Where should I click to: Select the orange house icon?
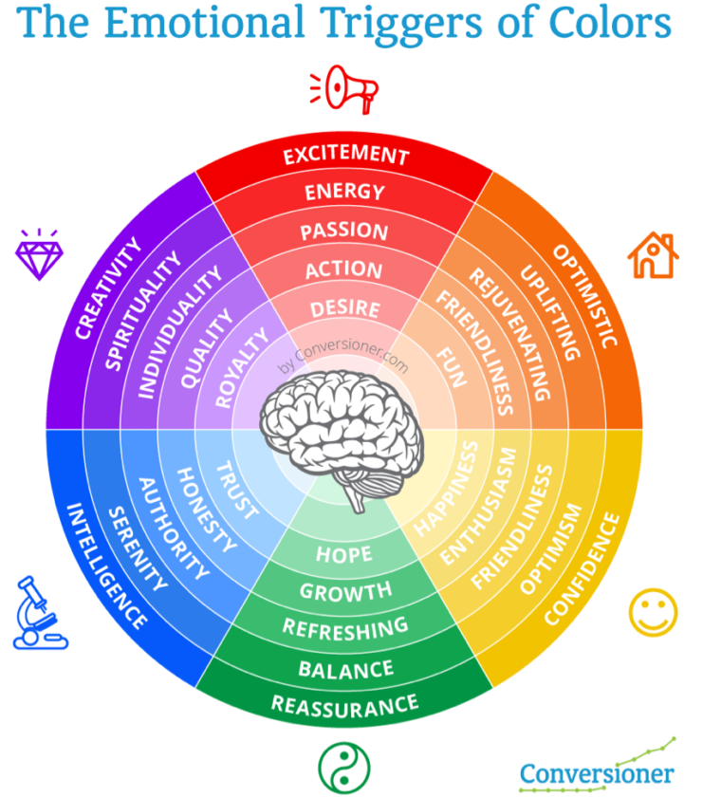click(654, 255)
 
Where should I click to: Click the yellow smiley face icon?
click(654, 612)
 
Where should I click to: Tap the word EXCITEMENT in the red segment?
click(345, 155)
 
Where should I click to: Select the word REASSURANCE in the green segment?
click(344, 704)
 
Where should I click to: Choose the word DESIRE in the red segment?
click(344, 309)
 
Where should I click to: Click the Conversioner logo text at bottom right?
click(596, 773)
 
